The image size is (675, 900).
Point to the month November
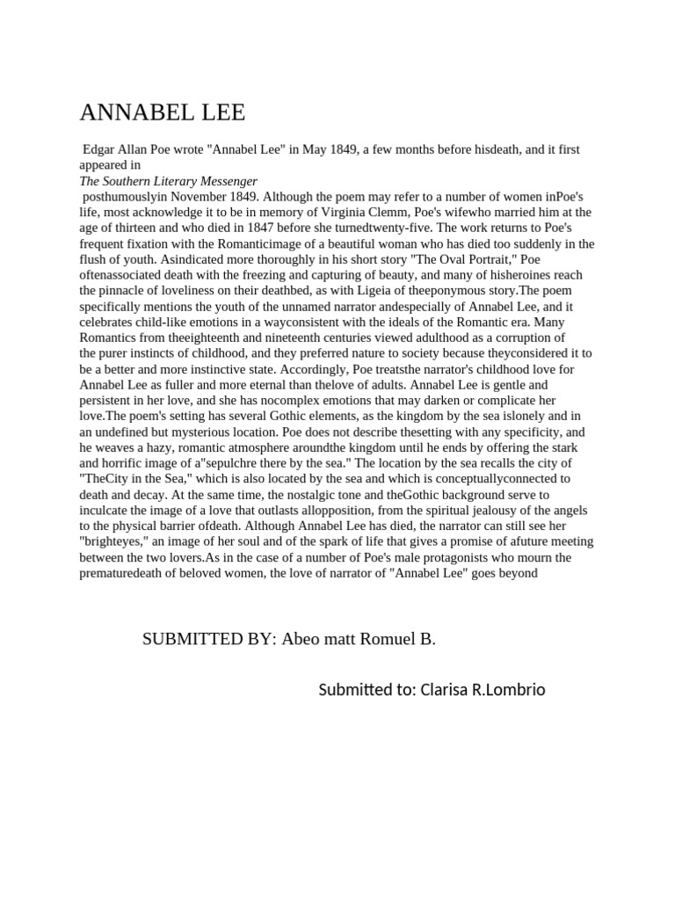tap(199, 196)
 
